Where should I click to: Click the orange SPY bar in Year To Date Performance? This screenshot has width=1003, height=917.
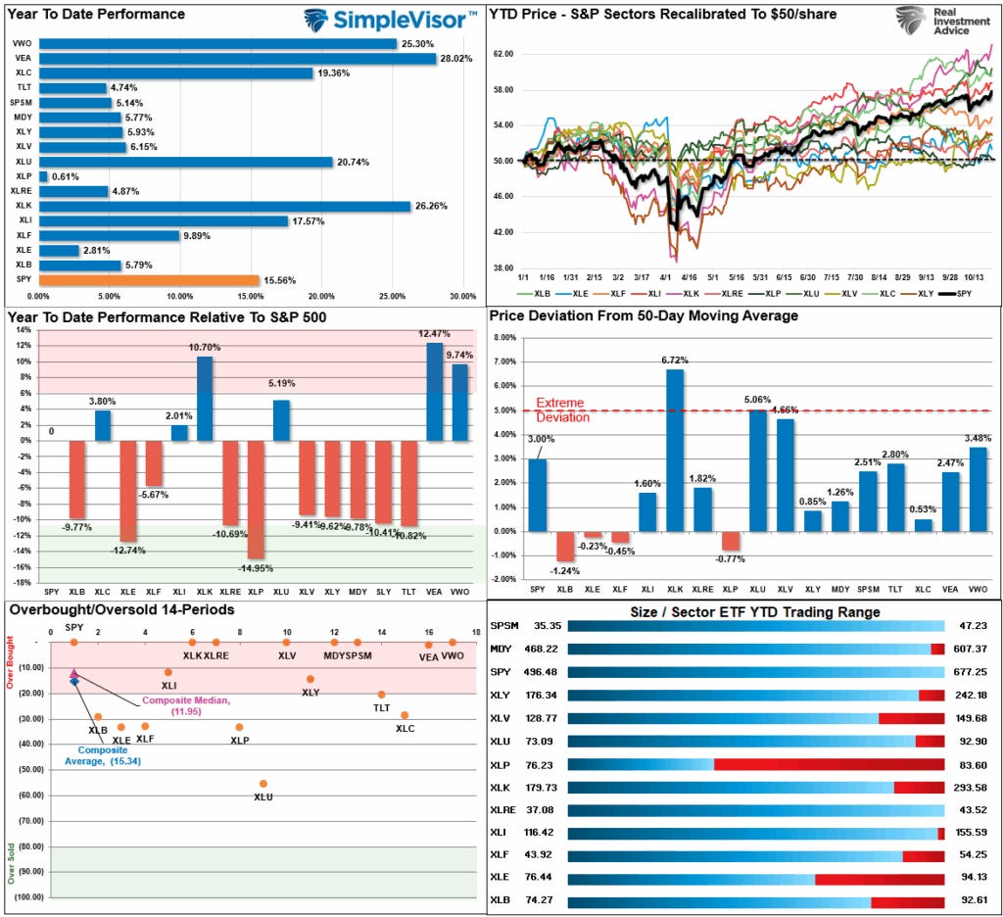(x=148, y=280)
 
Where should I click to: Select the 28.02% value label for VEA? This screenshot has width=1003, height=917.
(x=455, y=58)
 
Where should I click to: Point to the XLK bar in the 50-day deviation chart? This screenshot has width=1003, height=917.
(x=675, y=450)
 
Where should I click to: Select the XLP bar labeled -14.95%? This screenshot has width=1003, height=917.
(x=256, y=499)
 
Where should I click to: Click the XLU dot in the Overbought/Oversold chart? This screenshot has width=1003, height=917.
(x=263, y=784)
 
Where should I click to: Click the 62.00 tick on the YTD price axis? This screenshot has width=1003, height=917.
(x=502, y=54)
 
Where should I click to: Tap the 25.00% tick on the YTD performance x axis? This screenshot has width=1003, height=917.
(x=391, y=295)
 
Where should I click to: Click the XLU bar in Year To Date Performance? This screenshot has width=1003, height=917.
(x=185, y=161)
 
